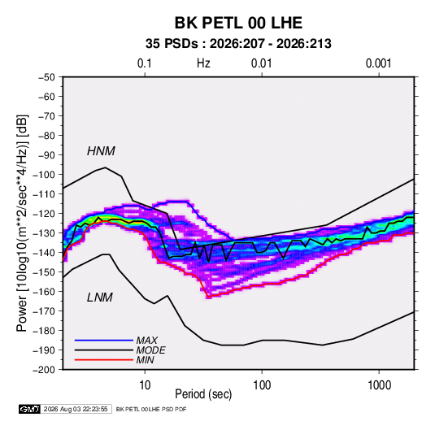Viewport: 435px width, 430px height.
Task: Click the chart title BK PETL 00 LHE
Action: point(238,23)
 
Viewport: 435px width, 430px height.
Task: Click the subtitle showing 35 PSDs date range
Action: point(238,44)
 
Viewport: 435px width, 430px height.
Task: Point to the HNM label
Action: point(101,151)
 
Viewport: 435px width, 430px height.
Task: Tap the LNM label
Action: point(100,298)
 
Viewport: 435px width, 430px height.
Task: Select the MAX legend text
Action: point(147,341)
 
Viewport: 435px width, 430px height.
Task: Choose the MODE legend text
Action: point(151,350)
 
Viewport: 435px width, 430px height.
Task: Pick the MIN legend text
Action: point(145,360)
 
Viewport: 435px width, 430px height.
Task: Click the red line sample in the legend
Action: point(104,360)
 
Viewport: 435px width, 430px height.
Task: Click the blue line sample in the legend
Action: point(104,341)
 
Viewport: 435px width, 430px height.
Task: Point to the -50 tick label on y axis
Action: point(46,77)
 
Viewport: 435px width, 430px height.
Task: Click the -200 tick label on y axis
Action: point(44,370)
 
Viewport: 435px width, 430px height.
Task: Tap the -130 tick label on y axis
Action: point(44,233)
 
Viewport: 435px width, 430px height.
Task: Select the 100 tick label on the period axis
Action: point(262,385)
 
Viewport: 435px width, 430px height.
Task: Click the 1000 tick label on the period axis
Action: point(379,385)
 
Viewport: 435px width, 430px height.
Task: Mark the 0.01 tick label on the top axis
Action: point(261,63)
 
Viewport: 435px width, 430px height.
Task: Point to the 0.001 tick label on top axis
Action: point(378,63)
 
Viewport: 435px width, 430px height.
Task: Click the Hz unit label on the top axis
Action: point(203,63)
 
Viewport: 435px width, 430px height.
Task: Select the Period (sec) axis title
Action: point(203,394)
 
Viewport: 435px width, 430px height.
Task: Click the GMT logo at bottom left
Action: point(30,409)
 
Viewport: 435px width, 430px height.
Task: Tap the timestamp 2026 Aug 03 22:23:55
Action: point(76,409)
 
